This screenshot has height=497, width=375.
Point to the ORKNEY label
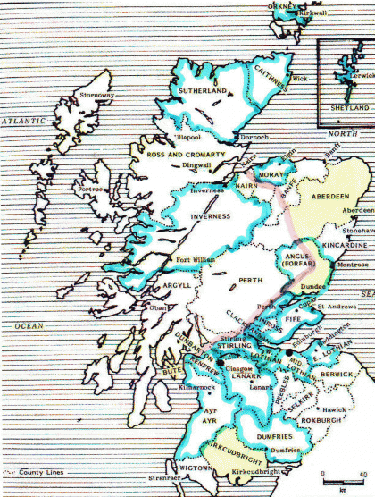point(284,7)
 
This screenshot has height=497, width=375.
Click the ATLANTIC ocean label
point(27,120)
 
